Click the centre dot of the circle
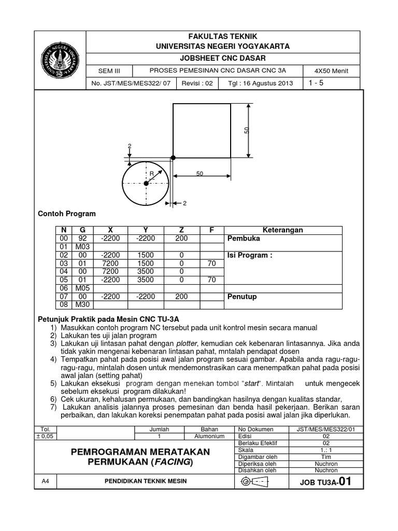pos(146,183)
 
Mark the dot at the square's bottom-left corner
pos(173,157)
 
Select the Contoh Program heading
pos(67,214)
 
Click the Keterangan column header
pos(283,230)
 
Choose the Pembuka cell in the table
pos(241,239)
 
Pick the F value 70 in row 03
pos(211,263)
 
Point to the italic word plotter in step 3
pos(187,344)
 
